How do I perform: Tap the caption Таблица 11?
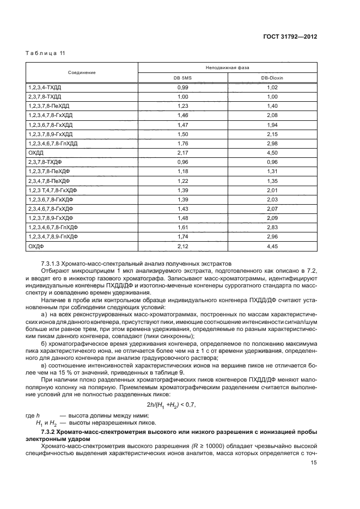pyautogui.click(x=46, y=53)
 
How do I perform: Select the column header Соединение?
pyautogui.click(x=82, y=72)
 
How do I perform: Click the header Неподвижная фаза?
pyautogui.click(x=228, y=68)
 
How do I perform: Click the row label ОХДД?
pyautogui.click(x=35, y=152)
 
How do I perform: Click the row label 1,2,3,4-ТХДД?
pyautogui.click(x=45, y=87)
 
